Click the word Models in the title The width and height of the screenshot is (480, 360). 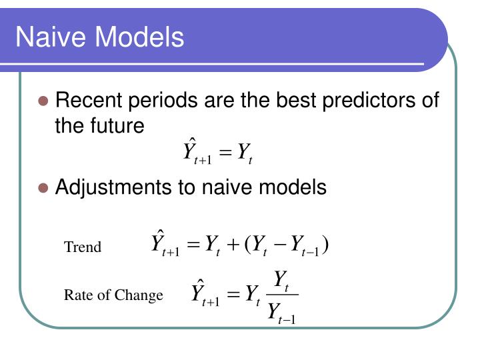pos(137,37)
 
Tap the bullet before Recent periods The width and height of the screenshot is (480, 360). pos(43,102)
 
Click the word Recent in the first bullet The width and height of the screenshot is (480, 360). pos(89,101)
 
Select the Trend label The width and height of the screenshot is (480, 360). pos(83,247)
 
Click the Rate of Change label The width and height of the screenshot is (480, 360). pos(113,295)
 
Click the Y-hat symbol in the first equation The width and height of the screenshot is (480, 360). pos(191,151)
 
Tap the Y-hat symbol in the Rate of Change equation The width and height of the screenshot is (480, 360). pos(199,291)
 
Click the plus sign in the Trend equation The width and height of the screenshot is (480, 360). pos(233,245)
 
